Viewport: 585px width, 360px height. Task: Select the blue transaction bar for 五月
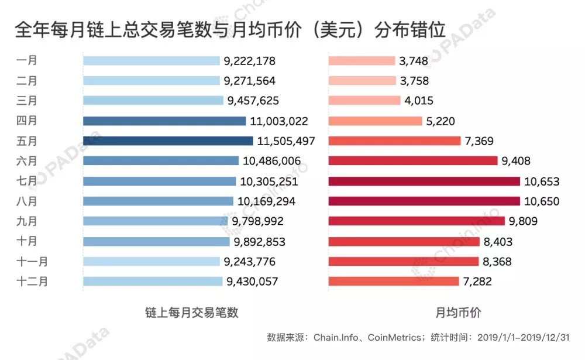tap(168, 141)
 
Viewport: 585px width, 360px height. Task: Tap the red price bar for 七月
tap(424, 181)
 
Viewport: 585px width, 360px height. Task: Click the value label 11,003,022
tap(279, 121)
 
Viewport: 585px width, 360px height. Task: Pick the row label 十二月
tap(32, 281)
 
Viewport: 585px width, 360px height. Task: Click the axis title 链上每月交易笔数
tap(192, 313)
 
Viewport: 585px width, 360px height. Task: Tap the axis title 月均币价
tap(459, 313)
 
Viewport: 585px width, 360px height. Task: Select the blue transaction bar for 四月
tap(164, 121)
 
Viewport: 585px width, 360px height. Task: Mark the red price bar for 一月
tap(362, 61)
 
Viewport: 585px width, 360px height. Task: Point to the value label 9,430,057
tap(252, 282)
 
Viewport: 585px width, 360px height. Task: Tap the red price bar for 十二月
tap(394, 282)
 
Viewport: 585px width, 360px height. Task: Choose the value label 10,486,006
tap(271, 161)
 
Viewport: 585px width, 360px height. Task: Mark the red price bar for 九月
tap(417, 221)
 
